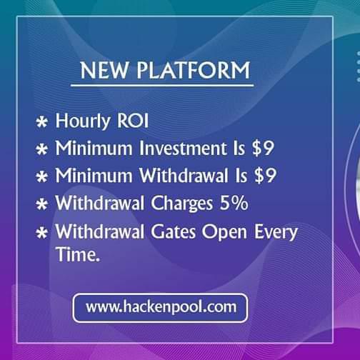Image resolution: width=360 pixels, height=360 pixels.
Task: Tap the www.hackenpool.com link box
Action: (160, 308)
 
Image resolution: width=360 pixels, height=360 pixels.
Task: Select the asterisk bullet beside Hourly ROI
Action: (42, 122)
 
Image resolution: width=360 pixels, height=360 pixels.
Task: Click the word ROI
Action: (131, 121)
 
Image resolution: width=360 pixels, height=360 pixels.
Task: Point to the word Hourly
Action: (83, 121)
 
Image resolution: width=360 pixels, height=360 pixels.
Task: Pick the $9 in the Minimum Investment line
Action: (264, 149)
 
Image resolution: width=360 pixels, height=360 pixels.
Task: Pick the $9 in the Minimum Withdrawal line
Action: (266, 176)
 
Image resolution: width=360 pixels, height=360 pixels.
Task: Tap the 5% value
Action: (234, 203)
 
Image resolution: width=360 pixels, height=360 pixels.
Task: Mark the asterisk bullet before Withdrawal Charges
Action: (42, 204)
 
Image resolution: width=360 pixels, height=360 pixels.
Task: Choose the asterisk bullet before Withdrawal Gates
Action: (42, 233)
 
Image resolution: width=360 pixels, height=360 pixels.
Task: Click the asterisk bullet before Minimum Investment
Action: (42, 149)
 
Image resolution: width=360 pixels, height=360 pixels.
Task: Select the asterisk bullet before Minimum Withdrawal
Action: (42, 176)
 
